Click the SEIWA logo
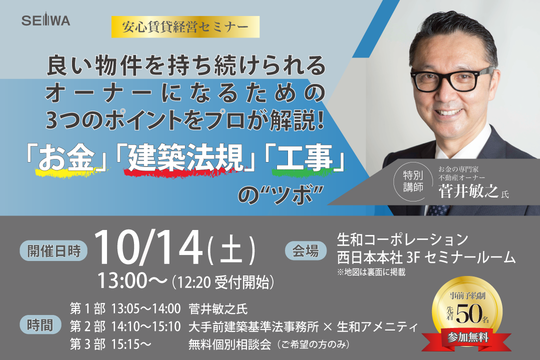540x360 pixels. point(46,20)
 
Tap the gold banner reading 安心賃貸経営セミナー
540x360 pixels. point(185,27)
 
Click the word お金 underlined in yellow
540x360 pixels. point(66,158)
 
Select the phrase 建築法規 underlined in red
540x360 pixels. point(186,158)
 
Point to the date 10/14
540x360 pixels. point(148,248)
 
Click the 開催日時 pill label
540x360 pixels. point(53,251)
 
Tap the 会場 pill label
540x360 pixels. point(305,250)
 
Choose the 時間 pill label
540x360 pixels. point(40,325)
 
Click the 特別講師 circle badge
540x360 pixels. point(413,181)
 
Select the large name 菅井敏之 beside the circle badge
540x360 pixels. point(468,191)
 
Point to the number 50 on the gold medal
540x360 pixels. point(468,314)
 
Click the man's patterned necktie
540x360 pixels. point(438,210)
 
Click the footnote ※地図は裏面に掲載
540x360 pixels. point(371,272)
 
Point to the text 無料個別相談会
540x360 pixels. point(229,344)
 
